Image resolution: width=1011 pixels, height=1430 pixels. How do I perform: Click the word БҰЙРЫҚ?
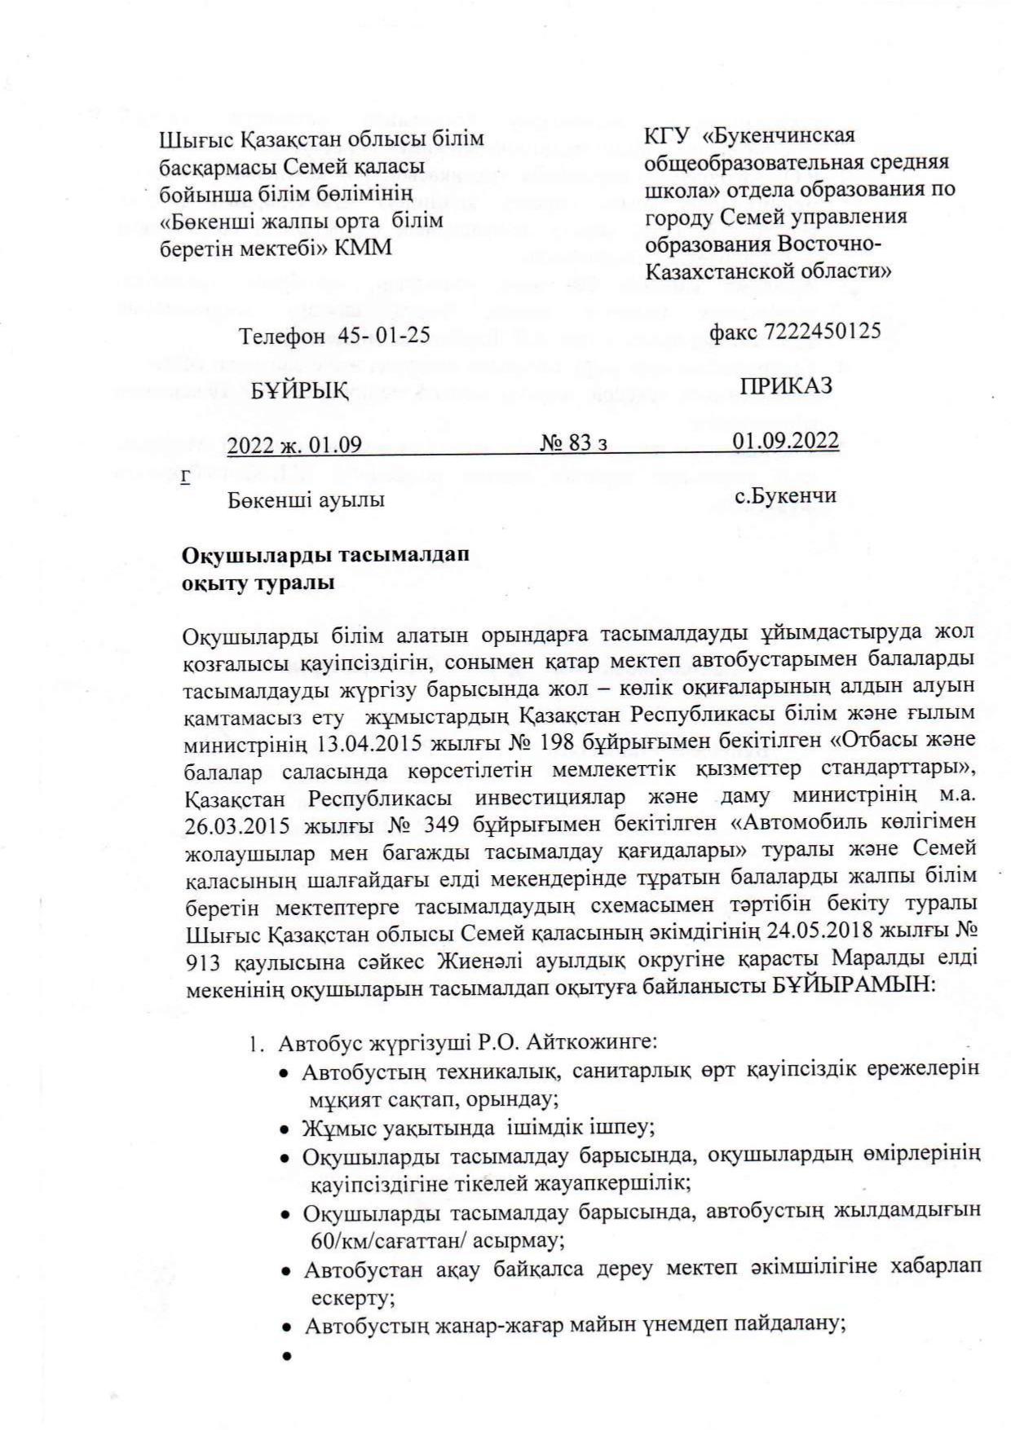coord(299,391)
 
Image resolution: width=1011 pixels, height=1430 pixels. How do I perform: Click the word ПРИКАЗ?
coord(786,386)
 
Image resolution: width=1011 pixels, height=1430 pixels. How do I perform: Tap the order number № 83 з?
coord(574,442)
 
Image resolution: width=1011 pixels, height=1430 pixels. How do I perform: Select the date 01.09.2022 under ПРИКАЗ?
coord(785,441)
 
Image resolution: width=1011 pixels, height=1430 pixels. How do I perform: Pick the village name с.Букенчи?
coord(785,495)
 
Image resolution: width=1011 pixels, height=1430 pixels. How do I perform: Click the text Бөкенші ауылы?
coord(306,499)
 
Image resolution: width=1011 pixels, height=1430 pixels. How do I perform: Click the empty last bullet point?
coord(286,1357)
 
